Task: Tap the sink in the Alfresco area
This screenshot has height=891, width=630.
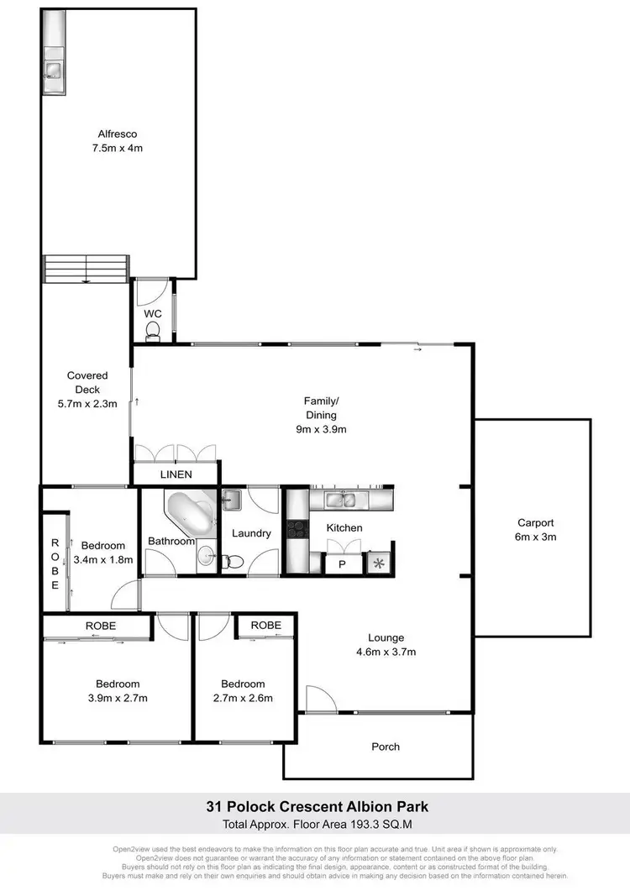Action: tap(52, 70)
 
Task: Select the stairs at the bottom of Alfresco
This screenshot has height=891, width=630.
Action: tap(87, 270)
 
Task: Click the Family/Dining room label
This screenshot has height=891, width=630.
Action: tap(321, 415)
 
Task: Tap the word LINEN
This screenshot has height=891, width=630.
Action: tap(176, 474)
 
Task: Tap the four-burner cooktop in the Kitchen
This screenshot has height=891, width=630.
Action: tap(297, 529)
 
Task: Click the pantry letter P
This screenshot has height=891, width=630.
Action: tap(342, 564)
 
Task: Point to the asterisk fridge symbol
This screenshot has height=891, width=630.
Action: tap(379, 563)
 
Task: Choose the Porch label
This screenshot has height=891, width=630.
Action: tap(386, 746)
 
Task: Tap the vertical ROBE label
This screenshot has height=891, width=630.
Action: tap(55, 563)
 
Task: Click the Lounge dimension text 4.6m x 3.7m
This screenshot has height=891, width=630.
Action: tap(386, 651)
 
